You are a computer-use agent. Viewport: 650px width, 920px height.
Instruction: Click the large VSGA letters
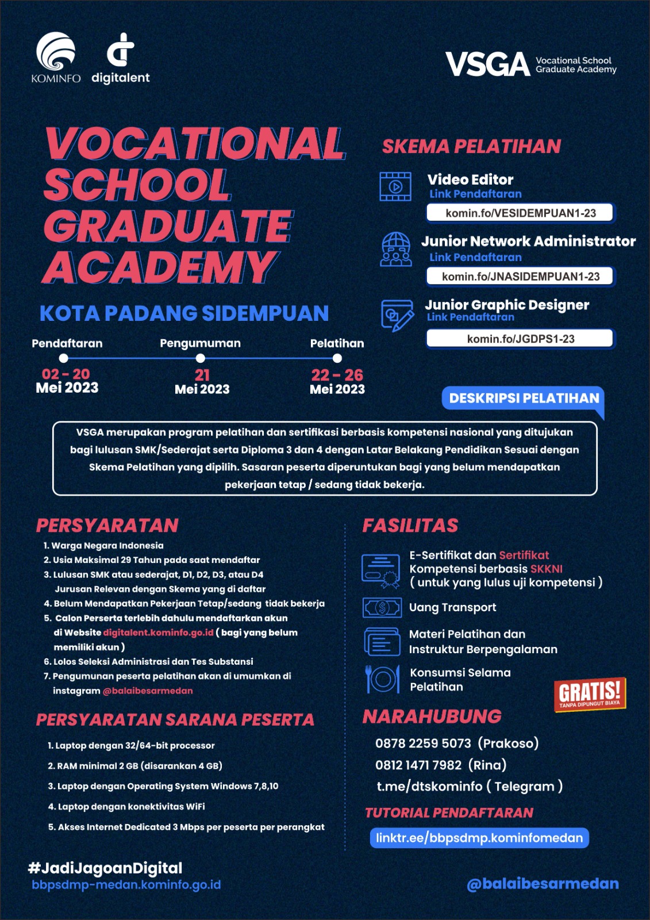[x=487, y=64]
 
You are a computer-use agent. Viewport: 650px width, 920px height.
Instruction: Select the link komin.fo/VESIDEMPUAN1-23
[x=520, y=213]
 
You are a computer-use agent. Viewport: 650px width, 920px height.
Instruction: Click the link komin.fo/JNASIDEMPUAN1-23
[x=520, y=277]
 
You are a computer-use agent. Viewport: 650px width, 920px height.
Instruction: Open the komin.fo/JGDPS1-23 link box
[x=520, y=339]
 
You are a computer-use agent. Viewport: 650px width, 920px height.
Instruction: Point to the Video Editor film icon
[x=395, y=186]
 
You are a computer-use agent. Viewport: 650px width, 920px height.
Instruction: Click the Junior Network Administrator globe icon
[x=396, y=249]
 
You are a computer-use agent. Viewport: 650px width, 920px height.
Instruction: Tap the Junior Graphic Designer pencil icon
[x=397, y=315]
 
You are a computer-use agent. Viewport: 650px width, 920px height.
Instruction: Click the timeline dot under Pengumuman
[x=201, y=358]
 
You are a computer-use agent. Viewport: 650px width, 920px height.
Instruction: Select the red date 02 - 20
[x=66, y=374]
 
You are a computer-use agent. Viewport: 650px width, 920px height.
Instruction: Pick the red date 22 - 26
[x=337, y=375]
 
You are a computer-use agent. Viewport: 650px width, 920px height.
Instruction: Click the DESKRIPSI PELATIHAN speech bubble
[x=523, y=398]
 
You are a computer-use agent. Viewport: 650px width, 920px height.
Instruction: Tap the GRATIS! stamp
[x=590, y=694]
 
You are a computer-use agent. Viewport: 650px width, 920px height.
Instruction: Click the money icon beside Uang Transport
[x=382, y=607]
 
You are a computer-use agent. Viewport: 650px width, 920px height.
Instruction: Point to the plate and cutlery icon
[x=382, y=679]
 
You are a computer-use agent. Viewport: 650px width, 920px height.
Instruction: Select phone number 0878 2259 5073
[x=423, y=743]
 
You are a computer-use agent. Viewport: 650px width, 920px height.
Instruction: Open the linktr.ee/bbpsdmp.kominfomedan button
[x=479, y=838]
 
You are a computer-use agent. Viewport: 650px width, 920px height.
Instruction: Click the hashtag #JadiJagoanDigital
[x=105, y=868]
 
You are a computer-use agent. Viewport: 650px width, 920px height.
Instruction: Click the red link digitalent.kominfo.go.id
[x=158, y=632]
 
